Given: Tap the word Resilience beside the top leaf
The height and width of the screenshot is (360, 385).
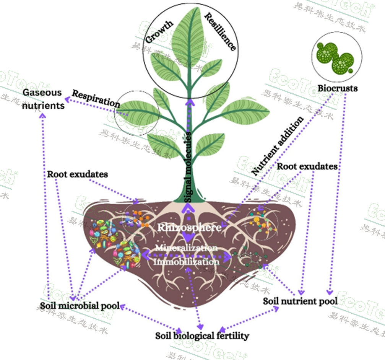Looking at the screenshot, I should tap(221, 31).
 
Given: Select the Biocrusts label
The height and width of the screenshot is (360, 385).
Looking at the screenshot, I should tap(338, 88).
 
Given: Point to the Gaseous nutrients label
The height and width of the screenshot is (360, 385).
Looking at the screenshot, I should tap(42, 99).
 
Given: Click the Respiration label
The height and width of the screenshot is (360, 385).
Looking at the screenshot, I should tap(96, 98).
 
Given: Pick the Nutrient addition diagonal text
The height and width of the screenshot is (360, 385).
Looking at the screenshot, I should tap(278, 146).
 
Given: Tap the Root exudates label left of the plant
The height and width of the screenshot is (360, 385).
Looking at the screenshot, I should tap(77, 174).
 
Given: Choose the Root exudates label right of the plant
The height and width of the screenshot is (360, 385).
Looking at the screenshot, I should tap(307, 166).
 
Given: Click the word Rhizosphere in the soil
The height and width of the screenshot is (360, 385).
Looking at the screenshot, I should tap(189, 228).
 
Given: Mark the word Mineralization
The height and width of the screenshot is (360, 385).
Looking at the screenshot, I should tap(187, 248).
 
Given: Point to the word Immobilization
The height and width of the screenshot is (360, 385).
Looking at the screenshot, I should tap(187, 262).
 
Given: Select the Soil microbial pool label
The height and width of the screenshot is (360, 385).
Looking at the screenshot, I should tap(80, 306).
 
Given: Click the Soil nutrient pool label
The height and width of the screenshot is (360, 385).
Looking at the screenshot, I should tap(300, 301).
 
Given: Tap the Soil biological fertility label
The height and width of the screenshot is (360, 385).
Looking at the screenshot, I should tap(202, 336).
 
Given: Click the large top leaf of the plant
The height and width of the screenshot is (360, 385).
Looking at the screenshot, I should tap(188, 38).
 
